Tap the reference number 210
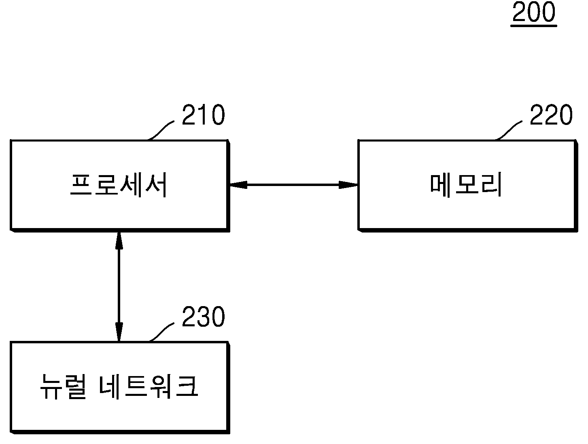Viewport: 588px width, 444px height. click(203, 115)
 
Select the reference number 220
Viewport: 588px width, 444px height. click(551, 115)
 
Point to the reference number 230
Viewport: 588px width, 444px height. click(203, 317)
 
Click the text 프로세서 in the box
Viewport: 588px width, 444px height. click(119, 185)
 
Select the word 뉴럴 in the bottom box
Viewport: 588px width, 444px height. click(63, 387)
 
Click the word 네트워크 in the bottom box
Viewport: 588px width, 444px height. click(149, 387)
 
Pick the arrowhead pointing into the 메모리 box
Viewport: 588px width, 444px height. click(348, 185)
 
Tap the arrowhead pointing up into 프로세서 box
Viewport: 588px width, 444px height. click(119, 241)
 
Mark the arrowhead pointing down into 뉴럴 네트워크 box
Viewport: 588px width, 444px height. click(119, 332)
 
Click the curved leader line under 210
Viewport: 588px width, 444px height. click(161, 130)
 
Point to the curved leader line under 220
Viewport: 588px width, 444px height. click(508, 130)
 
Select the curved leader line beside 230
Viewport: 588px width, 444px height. click(161, 332)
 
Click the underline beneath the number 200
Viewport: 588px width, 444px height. click(534, 26)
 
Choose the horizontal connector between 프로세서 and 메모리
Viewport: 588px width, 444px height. click(294, 185)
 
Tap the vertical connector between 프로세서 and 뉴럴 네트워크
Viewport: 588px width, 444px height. click(119, 287)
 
